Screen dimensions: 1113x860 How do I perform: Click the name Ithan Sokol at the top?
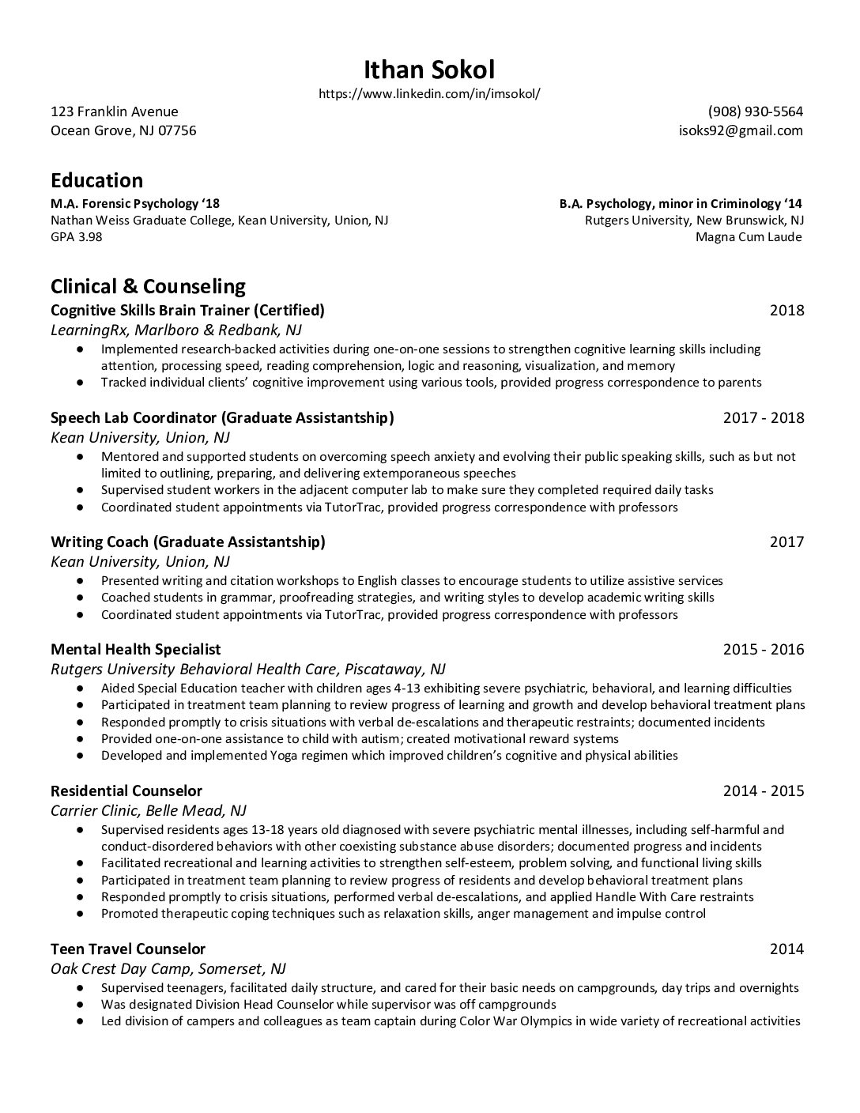(x=429, y=70)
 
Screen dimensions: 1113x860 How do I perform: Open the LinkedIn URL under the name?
(x=429, y=93)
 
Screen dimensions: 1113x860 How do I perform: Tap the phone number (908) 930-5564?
(x=755, y=111)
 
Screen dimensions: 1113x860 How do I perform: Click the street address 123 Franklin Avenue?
(x=115, y=111)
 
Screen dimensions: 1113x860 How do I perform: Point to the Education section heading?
(x=96, y=180)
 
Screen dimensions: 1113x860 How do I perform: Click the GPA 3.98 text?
(x=77, y=236)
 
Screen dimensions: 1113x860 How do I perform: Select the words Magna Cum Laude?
(x=749, y=236)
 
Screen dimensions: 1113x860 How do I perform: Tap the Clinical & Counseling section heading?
(x=148, y=285)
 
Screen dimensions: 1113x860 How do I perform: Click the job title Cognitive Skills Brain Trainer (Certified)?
(x=187, y=309)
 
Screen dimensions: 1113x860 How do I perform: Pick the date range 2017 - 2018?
(x=763, y=417)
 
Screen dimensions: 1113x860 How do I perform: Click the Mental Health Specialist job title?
(x=135, y=649)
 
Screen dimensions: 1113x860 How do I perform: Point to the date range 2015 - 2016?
(x=763, y=649)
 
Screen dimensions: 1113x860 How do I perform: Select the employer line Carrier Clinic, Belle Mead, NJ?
(x=149, y=810)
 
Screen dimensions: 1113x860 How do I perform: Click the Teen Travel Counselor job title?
(x=128, y=949)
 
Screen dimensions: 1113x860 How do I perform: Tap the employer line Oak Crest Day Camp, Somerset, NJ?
(x=168, y=968)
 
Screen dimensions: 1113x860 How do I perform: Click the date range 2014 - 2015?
(x=763, y=790)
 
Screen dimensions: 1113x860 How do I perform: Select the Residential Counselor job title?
(x=126, y=790)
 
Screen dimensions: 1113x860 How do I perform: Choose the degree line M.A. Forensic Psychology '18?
(x=135, y=203)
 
